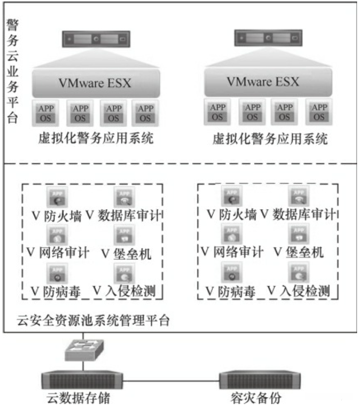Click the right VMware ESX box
[263, 82]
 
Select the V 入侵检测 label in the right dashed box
[300, 291]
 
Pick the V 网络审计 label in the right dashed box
[232, 252]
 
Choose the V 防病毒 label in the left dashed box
[52, 291]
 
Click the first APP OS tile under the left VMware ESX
[47, 112]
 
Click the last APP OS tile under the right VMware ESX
[317, 111]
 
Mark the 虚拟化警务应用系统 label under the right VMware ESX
[270, 139]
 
